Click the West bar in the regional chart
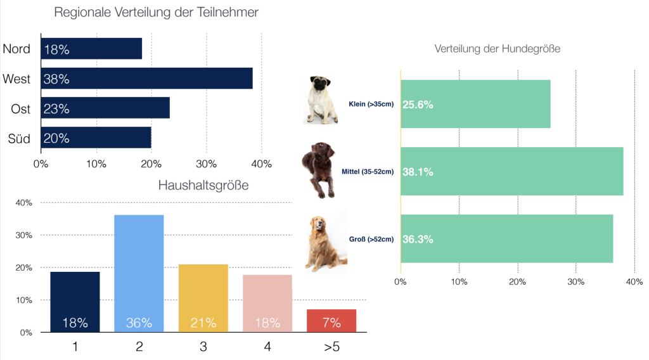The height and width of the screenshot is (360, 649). pos(146,79)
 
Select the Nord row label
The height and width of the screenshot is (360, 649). pos(17,49)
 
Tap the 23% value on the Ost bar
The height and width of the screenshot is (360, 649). pos(56,109)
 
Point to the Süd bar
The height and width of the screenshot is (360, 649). pos(96,138)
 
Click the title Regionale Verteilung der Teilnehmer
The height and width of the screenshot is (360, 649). pos(156,13)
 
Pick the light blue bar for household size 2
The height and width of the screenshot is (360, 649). pos(139,273)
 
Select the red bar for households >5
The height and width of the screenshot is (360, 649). pos(331,321)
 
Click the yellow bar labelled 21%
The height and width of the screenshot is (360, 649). pos(203,298)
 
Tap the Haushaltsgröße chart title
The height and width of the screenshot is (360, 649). pos(203,186)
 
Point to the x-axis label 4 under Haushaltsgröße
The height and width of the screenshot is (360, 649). pos(267,347)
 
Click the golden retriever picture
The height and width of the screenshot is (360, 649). pos(324,243)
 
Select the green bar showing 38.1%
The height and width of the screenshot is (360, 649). pos(511,171)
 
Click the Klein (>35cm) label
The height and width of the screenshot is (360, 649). pos(371,104)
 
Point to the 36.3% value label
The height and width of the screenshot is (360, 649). pos(418,240)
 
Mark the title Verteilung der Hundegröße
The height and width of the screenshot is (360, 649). pos(498,49)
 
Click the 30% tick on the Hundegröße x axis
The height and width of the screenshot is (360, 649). pos(575,281)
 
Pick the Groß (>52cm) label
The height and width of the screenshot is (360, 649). pos(371,239)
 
